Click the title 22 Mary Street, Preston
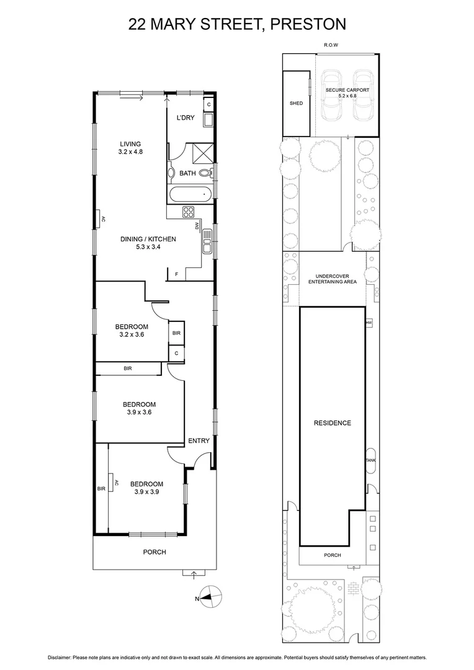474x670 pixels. point(236,24)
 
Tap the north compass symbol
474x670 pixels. point(210,598)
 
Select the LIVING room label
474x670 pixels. point(131,148)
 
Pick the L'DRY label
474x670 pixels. point(186,118)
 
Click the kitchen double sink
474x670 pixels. point(207,241)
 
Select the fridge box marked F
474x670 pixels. point(176,274)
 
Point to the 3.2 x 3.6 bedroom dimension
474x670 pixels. point(131,334)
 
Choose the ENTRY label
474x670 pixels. point(199,441)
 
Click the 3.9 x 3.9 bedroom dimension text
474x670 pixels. point(146,491)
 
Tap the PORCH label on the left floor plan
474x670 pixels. point(154,552)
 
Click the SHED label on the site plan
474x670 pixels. point(297,103)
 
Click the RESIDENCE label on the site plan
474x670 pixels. point(332,423)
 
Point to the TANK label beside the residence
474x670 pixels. point(371,460)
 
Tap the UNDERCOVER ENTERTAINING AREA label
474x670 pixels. point(333,279)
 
